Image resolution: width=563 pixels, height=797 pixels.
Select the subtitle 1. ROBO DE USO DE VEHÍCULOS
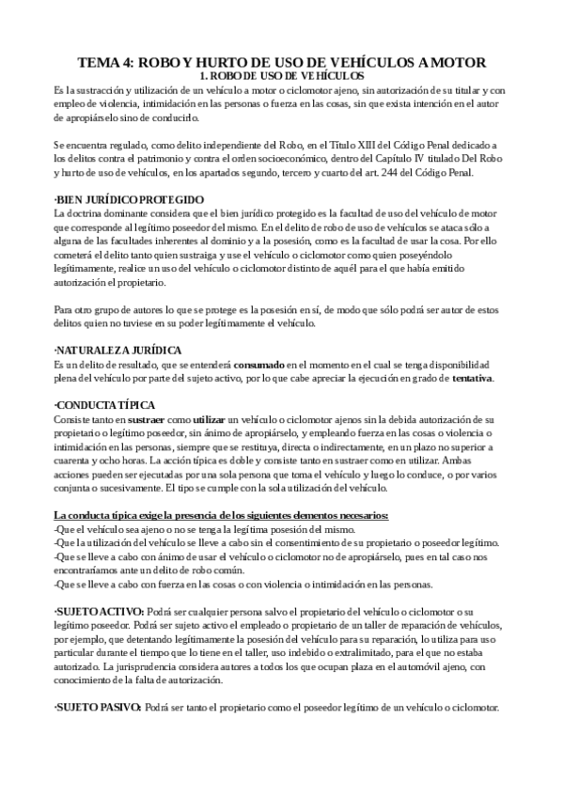pyautogui.click(x=282, y=75)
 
